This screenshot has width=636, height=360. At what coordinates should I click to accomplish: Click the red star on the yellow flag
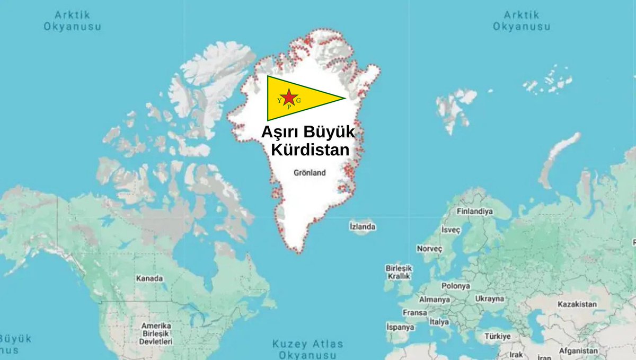pos(289,97)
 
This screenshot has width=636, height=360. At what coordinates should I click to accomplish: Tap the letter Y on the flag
pos(279,100)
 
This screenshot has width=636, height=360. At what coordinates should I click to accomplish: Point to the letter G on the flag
pos(299,100)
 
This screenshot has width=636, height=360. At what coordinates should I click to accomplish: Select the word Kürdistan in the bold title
pos(310,150)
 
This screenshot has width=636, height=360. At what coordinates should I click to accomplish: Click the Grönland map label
pos(310,173)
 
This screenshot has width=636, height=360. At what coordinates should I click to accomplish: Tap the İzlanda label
pos(363,226)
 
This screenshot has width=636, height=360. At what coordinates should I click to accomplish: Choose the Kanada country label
pos(149,278)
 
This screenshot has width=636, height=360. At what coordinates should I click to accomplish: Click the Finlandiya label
pos(475,211)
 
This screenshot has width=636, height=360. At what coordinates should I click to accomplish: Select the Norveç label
pos(429,249)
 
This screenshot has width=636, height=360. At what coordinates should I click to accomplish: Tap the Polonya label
pos(456,286)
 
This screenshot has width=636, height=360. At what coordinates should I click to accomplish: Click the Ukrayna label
pos(489,298)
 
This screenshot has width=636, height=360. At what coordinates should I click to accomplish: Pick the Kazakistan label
pos(577,304)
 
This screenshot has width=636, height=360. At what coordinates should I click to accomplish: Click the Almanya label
pos(434,300)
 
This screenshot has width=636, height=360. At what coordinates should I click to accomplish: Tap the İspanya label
pos(400,327)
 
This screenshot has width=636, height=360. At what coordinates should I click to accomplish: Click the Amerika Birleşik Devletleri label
pos(156,333)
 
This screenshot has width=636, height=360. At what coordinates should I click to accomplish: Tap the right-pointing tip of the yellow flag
pos(344,98)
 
